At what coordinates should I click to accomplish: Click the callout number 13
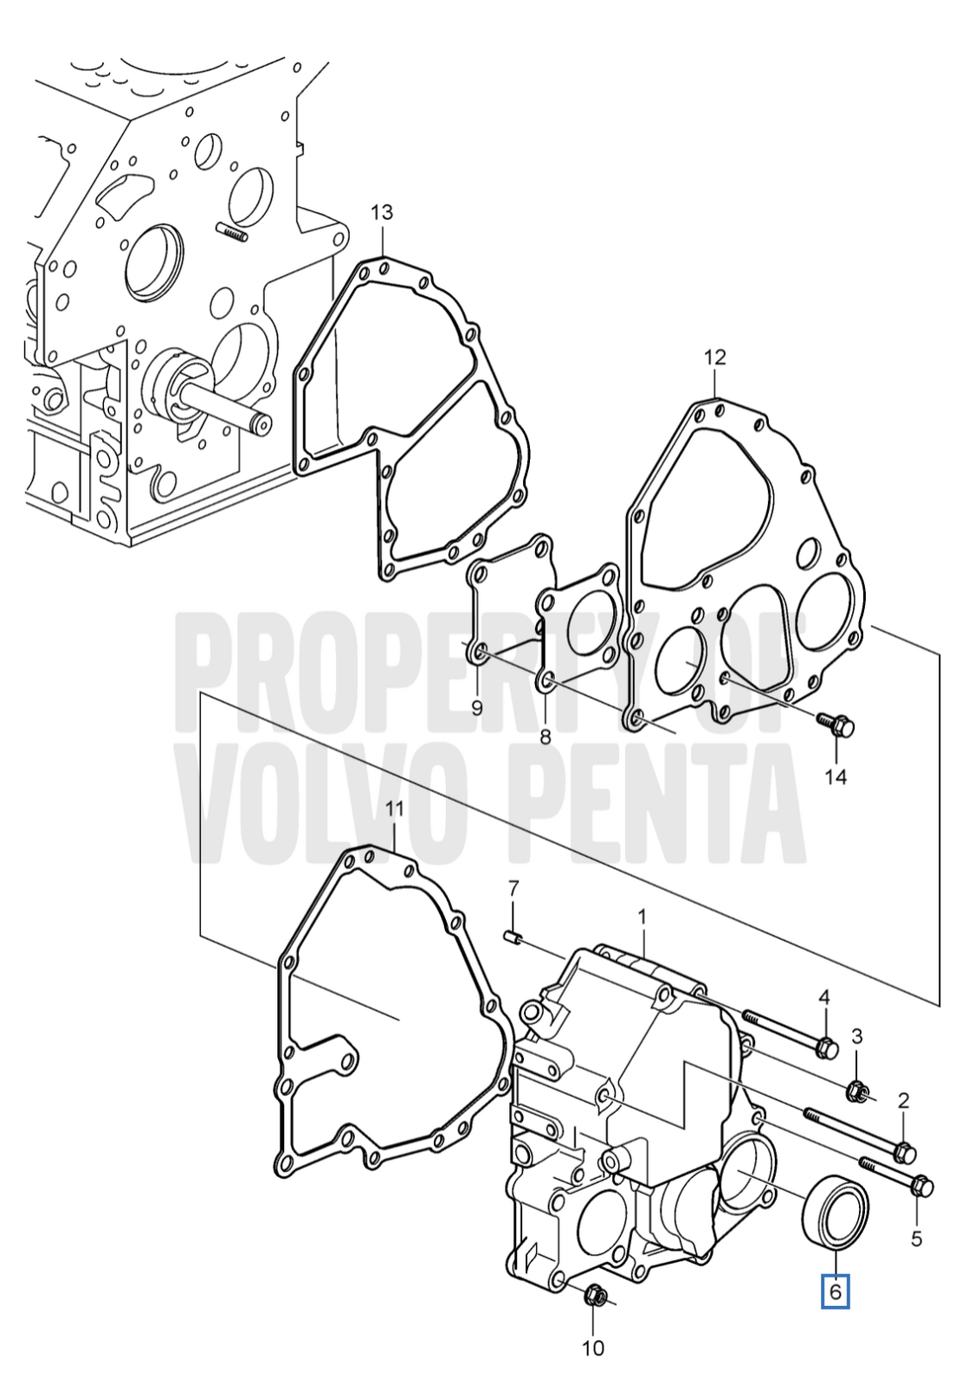382,213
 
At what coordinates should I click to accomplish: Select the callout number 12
714,357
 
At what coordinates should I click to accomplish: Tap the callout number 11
394,808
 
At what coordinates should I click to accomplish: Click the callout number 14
836,776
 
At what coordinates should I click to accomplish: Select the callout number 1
642,917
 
